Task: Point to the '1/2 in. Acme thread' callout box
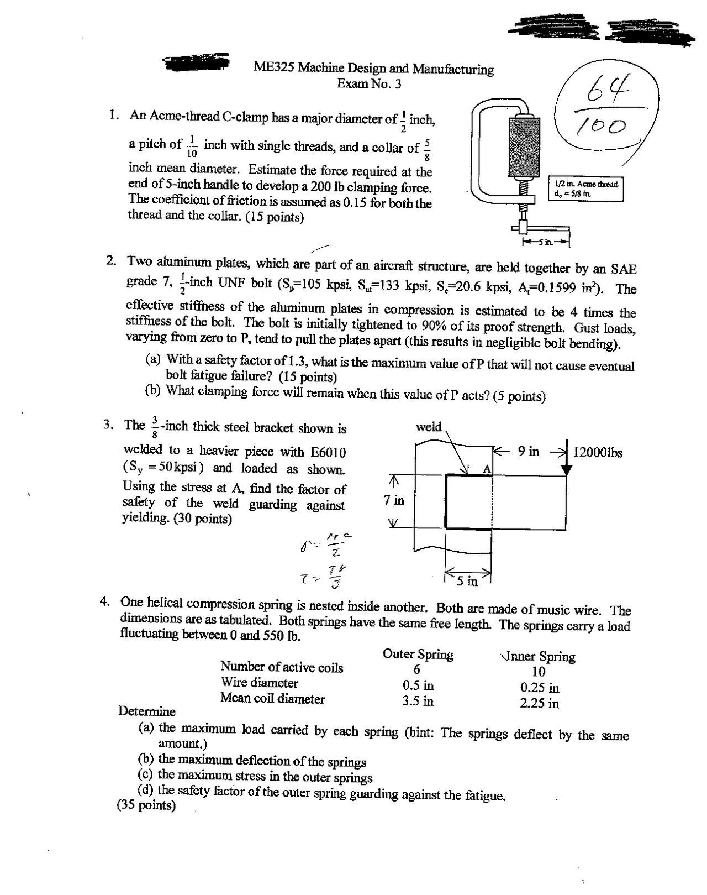pos(585,189)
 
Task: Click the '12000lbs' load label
pos(598,453)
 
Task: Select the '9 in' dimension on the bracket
pos(529,451)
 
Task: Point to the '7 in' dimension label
pos(394,500)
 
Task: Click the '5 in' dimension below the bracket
pos(467,581)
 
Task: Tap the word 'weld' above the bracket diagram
pos(429,426)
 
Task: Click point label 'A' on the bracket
pos(487,469)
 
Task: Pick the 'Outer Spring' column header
pos(418,655)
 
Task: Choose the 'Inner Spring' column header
pos(539,656)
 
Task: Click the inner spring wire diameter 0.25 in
pos(539,688)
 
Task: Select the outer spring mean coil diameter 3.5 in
pos(418,701)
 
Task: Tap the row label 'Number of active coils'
pos(282,667)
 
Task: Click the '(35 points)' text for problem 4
pos(146,805)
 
